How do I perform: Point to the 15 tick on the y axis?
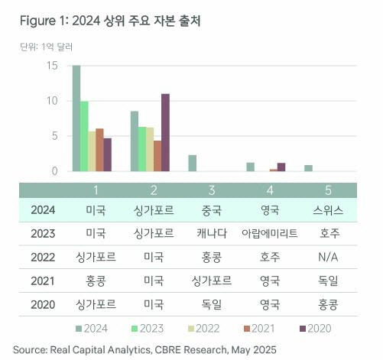tap(52, 66)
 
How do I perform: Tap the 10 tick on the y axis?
tap(52, 101)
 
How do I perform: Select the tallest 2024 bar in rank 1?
tap(76, 118)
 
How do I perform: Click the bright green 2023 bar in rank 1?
tap(85, 136)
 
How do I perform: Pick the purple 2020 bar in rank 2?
tap(165, 132)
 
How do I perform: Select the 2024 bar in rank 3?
tap(193, 163)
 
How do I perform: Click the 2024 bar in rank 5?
tap(308, 168)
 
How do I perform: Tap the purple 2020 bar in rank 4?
tap(281, 167)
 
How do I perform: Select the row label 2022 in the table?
tap(43, 256)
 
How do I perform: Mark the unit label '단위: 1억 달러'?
tap(45, 47)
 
